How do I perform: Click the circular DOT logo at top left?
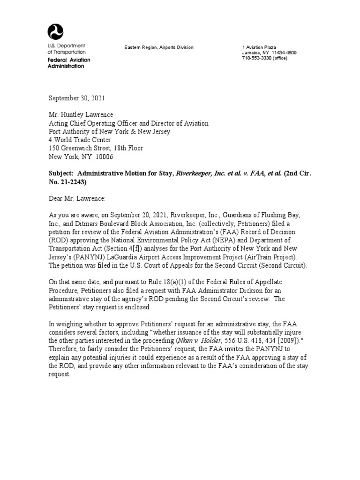[x=55, y=32]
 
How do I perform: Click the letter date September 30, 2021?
[x=77, y=98]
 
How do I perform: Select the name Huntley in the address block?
[x=76, y=115]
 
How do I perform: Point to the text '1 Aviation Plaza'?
[x=259, y=48]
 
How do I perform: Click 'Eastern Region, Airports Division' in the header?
[x=158, y=48]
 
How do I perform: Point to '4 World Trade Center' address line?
[x=80, y=140]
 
